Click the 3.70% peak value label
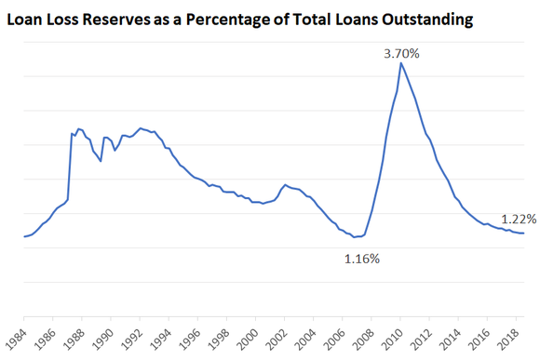402,54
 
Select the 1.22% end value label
518,220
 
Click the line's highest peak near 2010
400,63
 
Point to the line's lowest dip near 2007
355,237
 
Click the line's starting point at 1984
24,237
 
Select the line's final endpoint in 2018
524,233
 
